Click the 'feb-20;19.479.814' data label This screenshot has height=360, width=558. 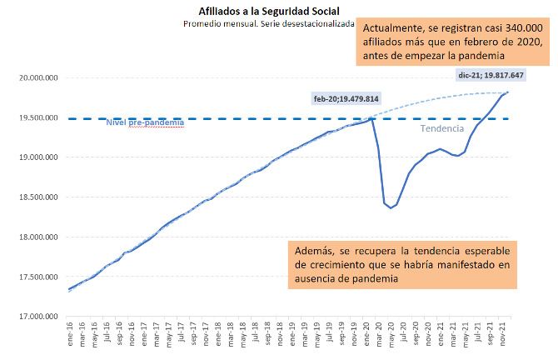pos(346,98)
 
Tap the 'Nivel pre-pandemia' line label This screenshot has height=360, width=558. pos(146,123)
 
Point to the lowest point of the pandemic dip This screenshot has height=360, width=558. pos(391,207)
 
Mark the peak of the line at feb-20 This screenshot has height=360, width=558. pos(371,119)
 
